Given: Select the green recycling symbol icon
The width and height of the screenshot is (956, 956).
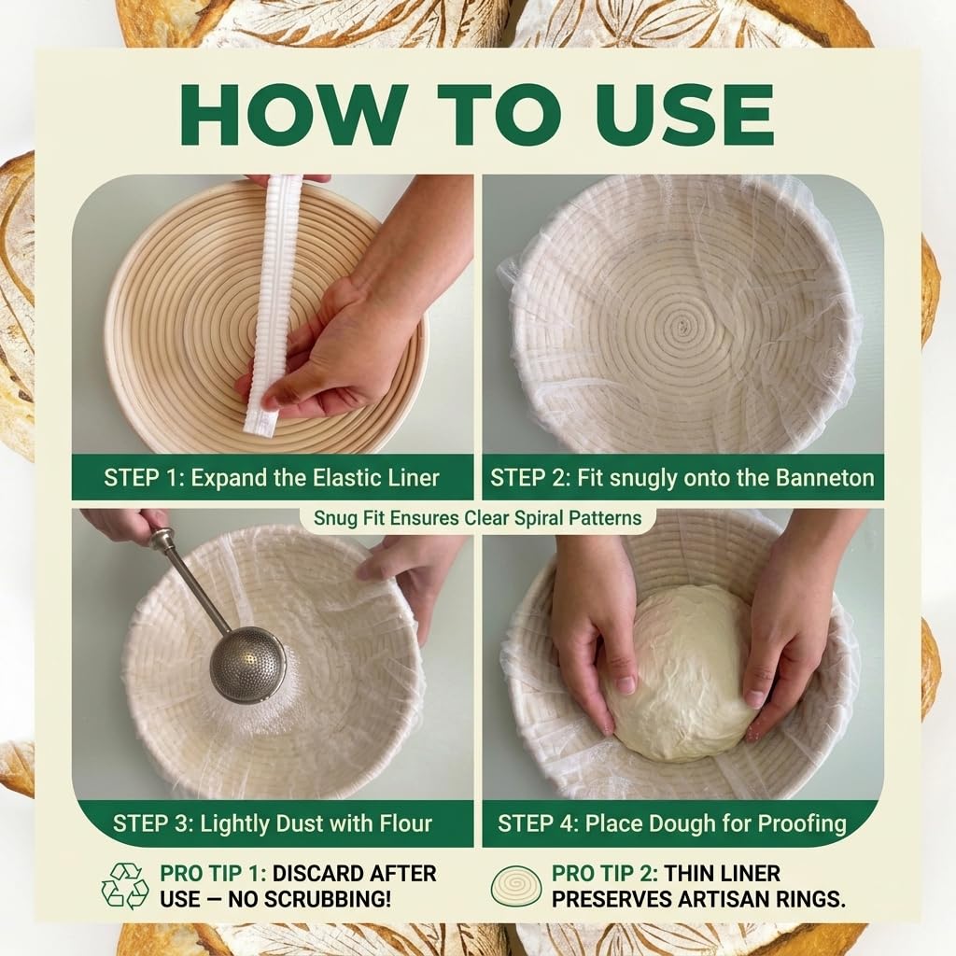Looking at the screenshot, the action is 125,886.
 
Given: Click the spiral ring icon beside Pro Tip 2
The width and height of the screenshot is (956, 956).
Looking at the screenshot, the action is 515,886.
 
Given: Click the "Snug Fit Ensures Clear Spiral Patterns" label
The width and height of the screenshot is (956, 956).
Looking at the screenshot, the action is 477,518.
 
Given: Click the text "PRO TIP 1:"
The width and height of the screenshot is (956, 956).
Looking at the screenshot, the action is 213,873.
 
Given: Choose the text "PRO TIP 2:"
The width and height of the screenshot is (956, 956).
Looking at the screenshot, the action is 605,873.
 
